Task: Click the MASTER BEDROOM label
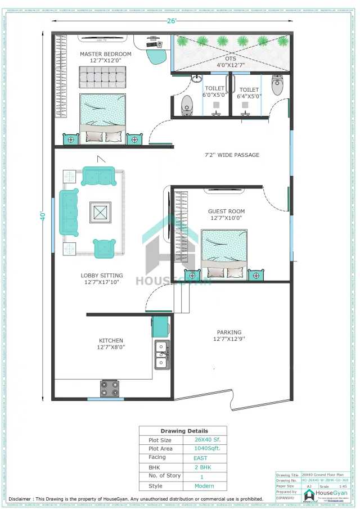[105, 54]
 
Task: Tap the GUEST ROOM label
[227, 211]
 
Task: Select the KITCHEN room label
[111, 341]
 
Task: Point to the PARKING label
[229, 332]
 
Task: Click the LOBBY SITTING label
[102, 276]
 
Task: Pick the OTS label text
[231, 58]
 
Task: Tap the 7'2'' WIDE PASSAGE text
[231, 155]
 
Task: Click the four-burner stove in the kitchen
[110, 388]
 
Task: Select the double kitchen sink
[162, 354]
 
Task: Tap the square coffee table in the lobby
[100, 212]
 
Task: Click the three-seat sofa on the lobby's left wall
[69, 212]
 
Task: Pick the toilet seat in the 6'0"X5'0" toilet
[187, 105]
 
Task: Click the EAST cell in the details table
[201, 458]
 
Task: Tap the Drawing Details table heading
[183, 431]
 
